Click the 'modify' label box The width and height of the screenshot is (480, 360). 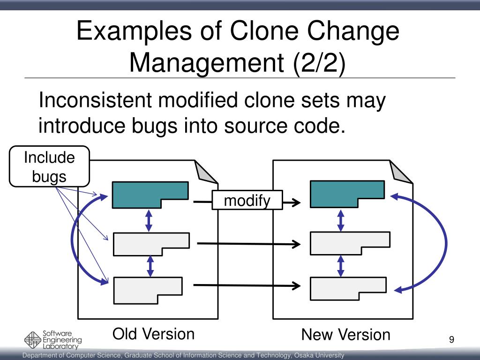[247, 201]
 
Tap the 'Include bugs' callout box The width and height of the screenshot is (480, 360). [49, 166]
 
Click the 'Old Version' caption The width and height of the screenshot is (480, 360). [153, 334]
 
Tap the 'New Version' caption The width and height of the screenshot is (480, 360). [345, 335]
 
